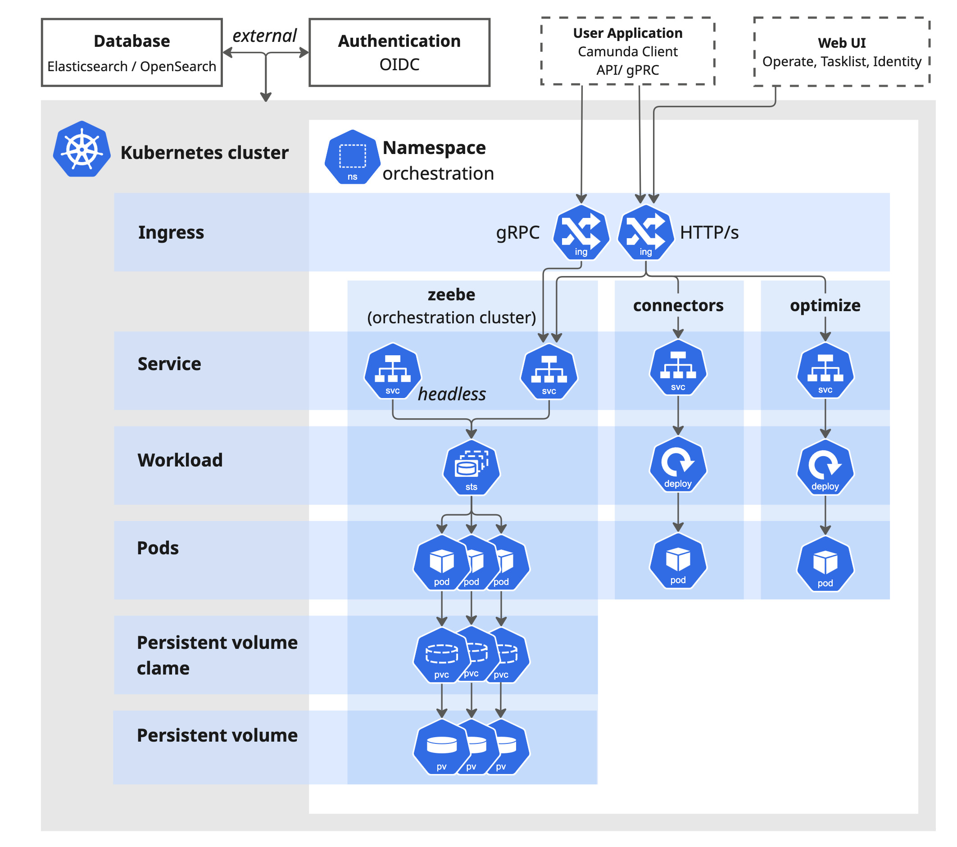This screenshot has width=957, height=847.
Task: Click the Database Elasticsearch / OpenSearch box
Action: (x=132, y=52)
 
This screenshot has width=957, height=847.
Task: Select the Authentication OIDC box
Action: (x=399, y=52)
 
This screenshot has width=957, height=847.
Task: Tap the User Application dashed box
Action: (x=627, y=51)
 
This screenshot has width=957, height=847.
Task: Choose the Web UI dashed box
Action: (x=841, y=52)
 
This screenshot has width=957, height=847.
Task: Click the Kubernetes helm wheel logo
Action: (x=82, y=149)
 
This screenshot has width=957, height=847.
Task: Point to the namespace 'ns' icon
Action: (x=352, y=157)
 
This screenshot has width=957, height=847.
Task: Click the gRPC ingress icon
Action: (x=581, y=232)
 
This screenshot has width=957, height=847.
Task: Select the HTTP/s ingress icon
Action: (x=646, y=232)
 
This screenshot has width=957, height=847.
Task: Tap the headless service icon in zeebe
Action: (x=393, y=371)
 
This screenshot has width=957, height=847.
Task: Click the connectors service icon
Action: (x=678, y=368)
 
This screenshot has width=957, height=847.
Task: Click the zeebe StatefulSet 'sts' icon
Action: (x=472, y=468)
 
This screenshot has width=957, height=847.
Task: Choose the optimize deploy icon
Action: (x=825, y=467)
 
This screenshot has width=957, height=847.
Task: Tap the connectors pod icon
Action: (x=678, y=561)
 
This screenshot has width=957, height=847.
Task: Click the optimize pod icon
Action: (x=825, y=564)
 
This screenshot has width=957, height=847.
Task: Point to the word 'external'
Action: (x=264, y=36)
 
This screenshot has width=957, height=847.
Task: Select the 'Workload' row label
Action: (x=180, y=460)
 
